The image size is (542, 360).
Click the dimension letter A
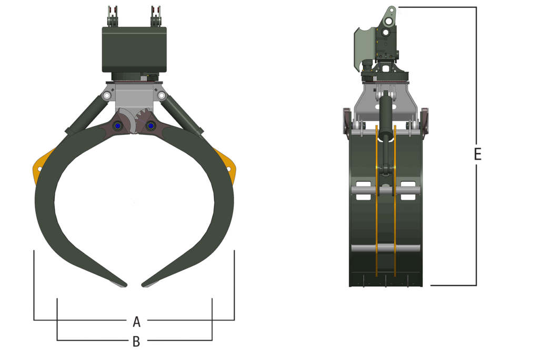tap(136, 321)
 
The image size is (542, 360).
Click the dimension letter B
tap(136, 342)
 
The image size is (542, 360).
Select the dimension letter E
tap(477, 154)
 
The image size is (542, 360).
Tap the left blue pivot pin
tap(117, 126)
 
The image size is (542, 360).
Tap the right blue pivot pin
tap(151, 126)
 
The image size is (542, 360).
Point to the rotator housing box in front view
tap(134, 49)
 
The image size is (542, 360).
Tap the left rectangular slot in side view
tap(363, 190)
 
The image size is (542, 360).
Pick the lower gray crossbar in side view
tap(385, 248)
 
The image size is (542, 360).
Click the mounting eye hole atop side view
tap(389, 21)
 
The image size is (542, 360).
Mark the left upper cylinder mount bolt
tap(107, 96)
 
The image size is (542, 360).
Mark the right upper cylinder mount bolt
tap(162, 96)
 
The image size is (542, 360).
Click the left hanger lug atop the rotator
tap(112, 17)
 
